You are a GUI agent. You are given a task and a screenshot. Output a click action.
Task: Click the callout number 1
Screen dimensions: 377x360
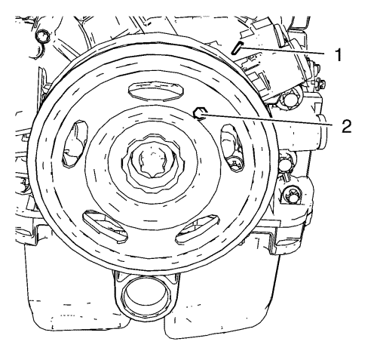pos(339,55)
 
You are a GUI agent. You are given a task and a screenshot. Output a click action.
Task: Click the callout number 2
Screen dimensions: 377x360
pos(346,126)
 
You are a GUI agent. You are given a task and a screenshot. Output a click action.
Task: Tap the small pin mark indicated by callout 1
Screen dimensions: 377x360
pos(236,48)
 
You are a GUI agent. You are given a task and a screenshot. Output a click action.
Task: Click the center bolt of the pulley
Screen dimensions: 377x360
pos(153,163)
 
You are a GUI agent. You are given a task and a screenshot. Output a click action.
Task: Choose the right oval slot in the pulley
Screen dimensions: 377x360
pos(232,148)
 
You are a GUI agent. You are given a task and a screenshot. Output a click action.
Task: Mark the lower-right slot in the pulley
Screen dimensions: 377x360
pos(198,229)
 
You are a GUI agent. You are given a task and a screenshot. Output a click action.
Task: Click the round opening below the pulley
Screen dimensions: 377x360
pos(146,296)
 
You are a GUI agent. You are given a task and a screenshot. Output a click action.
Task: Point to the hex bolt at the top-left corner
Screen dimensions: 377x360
pos(43,37)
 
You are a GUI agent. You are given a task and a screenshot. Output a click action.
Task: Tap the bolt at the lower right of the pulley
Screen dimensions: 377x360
pos(292,195)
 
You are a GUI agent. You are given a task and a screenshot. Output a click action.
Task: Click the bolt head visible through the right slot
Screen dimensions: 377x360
pos(235,164)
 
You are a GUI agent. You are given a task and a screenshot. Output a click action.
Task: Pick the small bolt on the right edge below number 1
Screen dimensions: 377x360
pos(320,84)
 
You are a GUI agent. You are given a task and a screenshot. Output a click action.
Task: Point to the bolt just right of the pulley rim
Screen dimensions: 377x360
pos(285,162)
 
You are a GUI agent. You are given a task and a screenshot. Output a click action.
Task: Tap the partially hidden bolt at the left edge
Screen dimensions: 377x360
pos(24,186)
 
